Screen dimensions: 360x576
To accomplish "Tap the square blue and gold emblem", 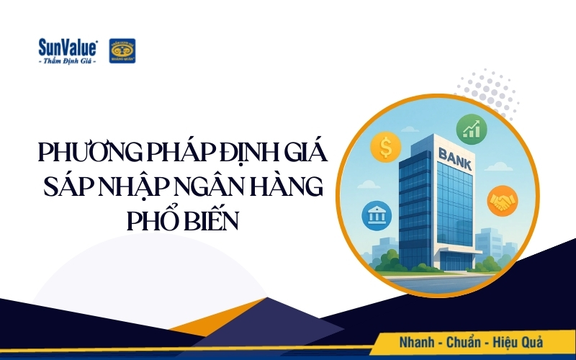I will click(x=122, y=51).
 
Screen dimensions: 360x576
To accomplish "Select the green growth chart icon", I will click(x=472, y=130).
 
